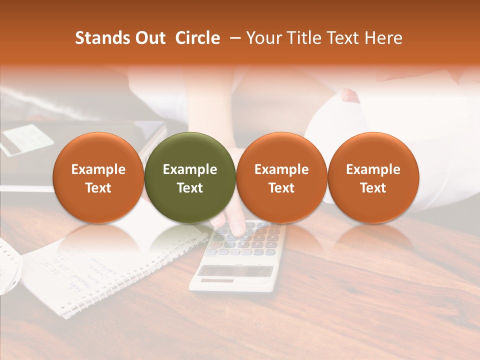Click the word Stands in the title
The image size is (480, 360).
pos(99,38)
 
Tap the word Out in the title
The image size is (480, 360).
pos(148,38)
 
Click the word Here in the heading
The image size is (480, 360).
pos(383,38)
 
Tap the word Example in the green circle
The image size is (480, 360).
pos(190,169)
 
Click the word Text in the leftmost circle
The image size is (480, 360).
pos(98,188)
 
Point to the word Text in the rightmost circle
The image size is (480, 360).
pos(373,188)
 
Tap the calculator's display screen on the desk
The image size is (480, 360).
pos(235,270)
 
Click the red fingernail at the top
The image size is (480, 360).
pos(350,95)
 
